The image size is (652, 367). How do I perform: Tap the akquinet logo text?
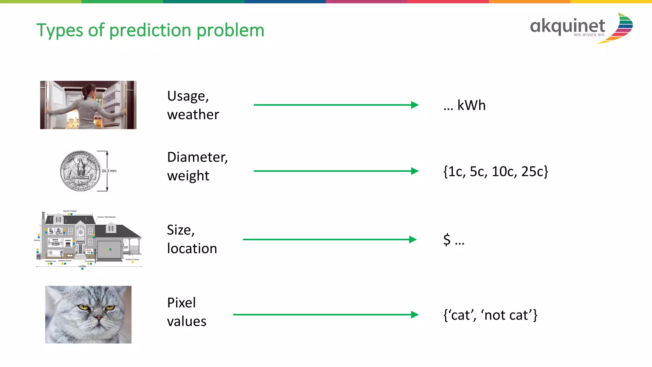point(567,26)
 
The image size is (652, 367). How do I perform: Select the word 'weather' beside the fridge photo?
point(193,115)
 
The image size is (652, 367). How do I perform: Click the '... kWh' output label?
point(464,105)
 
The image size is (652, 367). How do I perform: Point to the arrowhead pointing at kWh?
point(415,105)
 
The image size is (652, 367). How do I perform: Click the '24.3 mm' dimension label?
point(109,171)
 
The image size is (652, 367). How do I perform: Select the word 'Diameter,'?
point(197,157)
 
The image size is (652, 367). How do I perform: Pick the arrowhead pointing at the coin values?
point(415,171)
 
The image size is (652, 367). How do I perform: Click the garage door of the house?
point(109,250)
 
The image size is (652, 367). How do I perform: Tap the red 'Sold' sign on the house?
point(89,251)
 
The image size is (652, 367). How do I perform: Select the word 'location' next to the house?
point(192,249)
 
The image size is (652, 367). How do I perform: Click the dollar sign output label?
point(447,240)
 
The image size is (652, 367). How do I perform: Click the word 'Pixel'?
point(181,303)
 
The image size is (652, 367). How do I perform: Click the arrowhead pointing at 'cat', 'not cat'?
point(415,315)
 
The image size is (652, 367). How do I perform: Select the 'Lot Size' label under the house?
point(82,266)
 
